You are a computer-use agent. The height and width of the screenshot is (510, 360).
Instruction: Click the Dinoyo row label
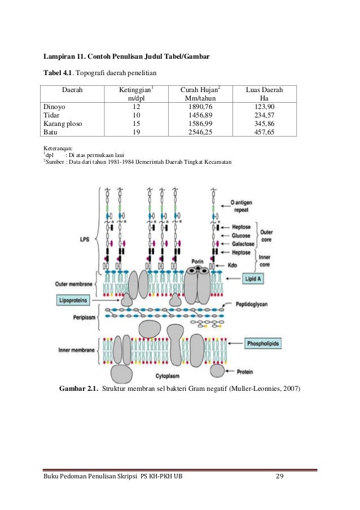pos(55,106)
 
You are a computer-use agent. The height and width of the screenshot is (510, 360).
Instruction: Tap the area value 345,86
pos(264,124)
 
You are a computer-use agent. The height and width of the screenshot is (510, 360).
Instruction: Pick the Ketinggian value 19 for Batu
pos(136,133)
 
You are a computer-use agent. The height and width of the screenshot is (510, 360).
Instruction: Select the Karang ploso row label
pos(63,124)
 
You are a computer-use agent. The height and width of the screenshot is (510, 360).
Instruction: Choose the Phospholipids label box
pos(264,343)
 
